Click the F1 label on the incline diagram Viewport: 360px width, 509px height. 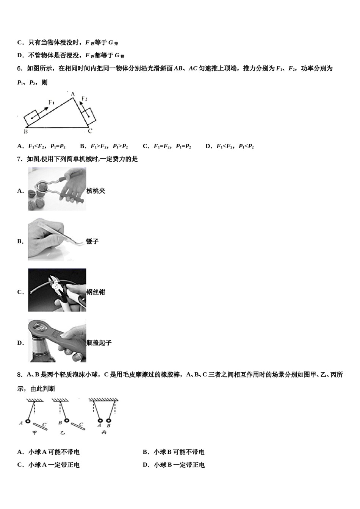pyautogui.click(x=52, y=102)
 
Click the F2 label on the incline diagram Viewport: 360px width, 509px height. pyautogui.click(x=84, y=99)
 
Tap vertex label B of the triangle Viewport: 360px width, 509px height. pyautogui.click(x=25, y=132)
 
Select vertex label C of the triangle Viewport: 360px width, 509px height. pyautogui.click(x=90, y=131)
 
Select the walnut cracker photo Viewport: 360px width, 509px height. pyautogui.click(x=57, y=189)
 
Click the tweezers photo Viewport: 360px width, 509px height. pyautogui.click(x=57, y=240)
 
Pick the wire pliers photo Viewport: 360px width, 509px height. pyautogui.click(x=57, y=290)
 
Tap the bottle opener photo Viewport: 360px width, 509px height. pyautogui.click(x=57, y=341)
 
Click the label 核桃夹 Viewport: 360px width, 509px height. pyautogui.click(x=96, y=191)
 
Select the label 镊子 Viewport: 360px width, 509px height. pyautogui.click(x=92, y=242)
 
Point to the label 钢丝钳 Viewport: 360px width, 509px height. pyautogui.click(x=96, y=292)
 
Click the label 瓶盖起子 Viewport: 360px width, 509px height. pyautogui.click(x=99, y=343)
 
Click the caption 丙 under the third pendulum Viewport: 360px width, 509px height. pyautogui.click(x=103, y=432)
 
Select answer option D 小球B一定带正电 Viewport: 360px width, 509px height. pyautogui.click(x=174, y=465)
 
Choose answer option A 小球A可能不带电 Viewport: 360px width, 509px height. pyautogui.click(x=49, y=452)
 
